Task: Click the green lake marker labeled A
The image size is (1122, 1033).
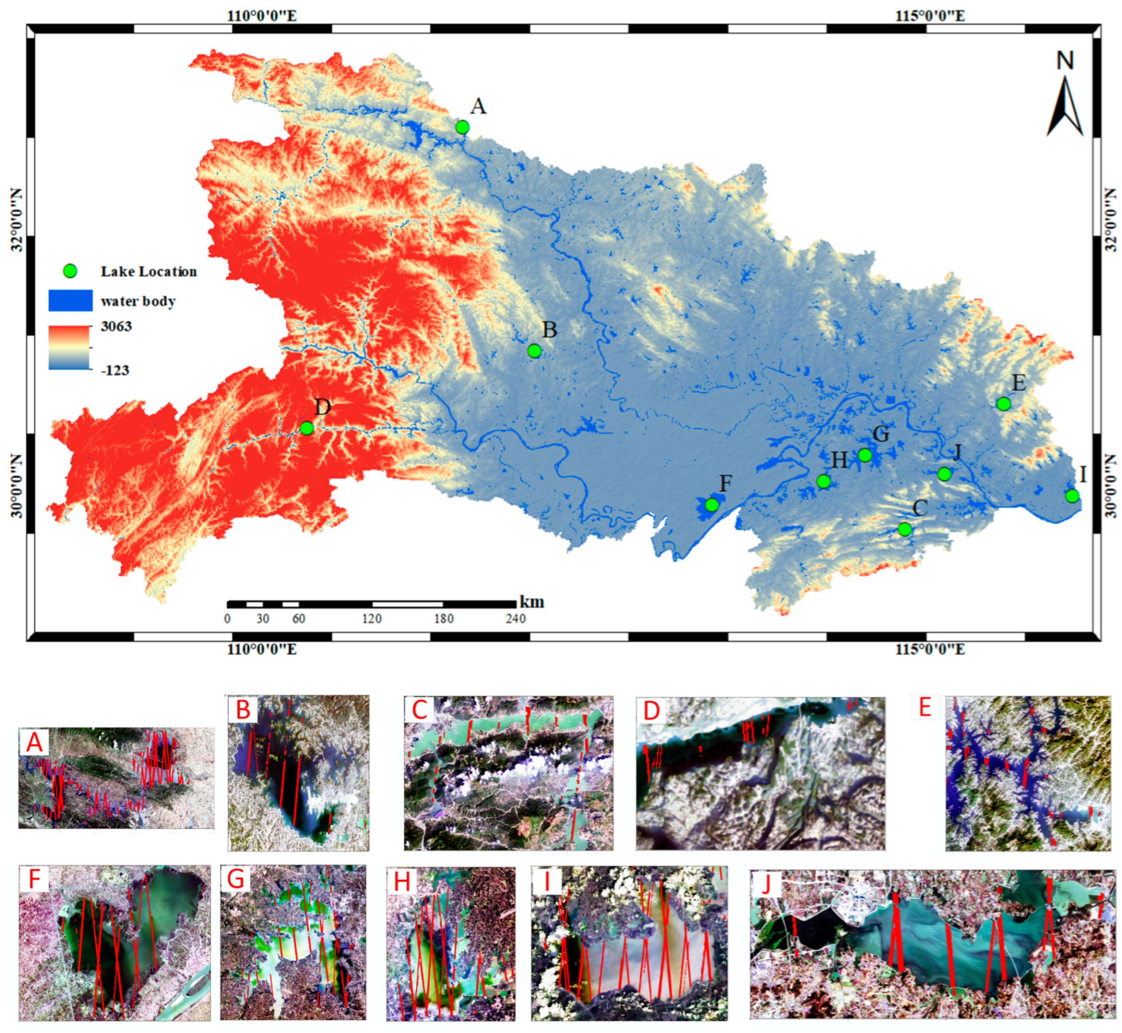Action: coord(462,127)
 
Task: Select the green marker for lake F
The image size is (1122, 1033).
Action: coord(711,505)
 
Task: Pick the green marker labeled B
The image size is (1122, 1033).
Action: coord(535,351)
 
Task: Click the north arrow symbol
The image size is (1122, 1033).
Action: coord(1065,106)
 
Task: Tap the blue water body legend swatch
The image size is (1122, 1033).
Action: coord(70,301)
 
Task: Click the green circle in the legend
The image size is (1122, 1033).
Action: coord(70,272)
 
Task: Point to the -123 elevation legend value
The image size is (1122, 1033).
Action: coord(115,371)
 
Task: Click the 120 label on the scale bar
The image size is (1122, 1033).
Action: coord(372,619)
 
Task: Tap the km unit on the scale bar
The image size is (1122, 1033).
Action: coord(531,602)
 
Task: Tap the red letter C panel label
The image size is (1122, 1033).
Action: coord(419,710)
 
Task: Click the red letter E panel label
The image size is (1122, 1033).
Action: coord(925,708)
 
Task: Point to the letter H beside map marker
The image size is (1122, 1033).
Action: coord(839,460)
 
